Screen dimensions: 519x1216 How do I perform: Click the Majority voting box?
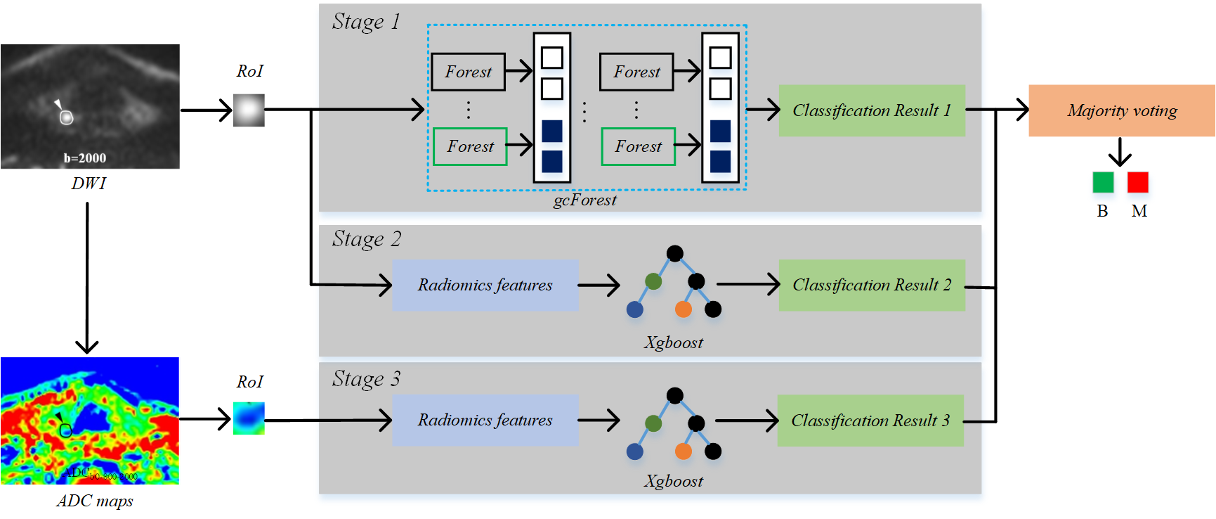click(1122, 110)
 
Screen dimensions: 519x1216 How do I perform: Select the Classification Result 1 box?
click(872, 110)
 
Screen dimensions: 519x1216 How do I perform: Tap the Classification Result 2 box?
click(872, 285)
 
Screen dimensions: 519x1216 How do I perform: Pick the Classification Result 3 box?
click(870, 421)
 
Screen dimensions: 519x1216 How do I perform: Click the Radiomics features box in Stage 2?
click(485, 285)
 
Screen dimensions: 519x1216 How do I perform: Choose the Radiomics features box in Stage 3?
click(485, 420)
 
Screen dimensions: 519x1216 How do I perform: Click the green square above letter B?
click(1103, 183)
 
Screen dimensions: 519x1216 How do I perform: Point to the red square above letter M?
click(1138, 183)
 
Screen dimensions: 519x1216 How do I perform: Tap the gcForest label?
click(585, 200)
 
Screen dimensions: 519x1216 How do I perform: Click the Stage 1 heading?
click(366, 22)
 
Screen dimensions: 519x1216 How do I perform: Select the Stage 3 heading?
click(366, 379)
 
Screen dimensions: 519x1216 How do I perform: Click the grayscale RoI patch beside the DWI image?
click(249, 110)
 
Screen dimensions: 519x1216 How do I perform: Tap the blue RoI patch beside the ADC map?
click(249, 418)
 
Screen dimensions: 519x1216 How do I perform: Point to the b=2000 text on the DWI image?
click(85, 158)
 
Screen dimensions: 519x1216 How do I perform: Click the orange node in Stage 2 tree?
click(683, 309)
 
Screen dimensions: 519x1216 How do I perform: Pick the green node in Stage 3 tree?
click(653, 423)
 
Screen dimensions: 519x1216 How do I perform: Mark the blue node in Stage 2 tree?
click(635, 309)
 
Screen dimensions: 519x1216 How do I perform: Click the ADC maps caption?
click(95, 501)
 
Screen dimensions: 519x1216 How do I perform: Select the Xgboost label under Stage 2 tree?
click(674, 342)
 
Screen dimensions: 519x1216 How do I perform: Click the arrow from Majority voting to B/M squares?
click(1120, 151)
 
